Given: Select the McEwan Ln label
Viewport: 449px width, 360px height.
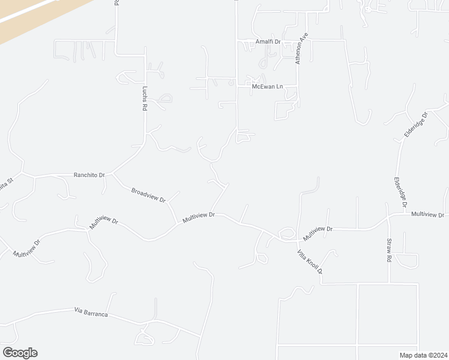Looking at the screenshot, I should (267, 87).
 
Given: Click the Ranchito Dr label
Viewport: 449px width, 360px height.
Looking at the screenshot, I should (89, 175).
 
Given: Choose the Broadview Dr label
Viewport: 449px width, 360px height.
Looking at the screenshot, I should (148, 195).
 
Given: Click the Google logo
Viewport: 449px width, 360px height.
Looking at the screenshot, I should (20, 353).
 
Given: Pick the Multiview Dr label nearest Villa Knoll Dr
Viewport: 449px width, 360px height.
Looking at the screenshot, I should (318, 229).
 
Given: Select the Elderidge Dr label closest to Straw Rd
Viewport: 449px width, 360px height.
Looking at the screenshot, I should (400, 193).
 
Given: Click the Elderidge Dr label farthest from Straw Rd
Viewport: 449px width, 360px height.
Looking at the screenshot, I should (415, 125).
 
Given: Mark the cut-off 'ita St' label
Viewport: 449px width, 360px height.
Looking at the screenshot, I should (6, 180).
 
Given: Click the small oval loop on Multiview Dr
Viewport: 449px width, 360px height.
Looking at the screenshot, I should (287, 233).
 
